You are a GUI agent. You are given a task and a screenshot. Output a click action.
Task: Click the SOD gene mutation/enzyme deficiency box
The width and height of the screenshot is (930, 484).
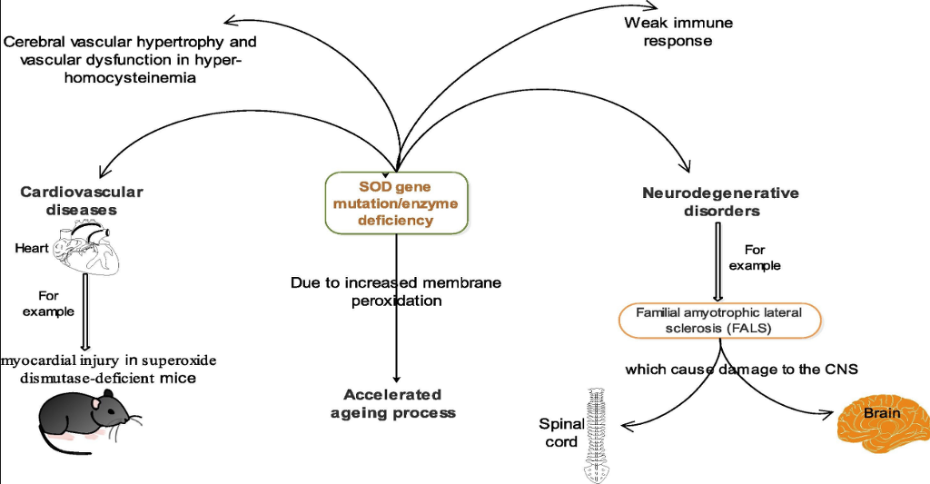tap(396, 203)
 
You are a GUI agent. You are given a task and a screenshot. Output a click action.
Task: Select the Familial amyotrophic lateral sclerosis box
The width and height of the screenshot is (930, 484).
tap(720, 320)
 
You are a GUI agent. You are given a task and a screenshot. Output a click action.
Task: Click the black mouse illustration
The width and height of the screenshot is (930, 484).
tap(85, 416)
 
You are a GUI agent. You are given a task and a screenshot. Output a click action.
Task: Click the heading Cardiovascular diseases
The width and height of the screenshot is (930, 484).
tap(81, 201)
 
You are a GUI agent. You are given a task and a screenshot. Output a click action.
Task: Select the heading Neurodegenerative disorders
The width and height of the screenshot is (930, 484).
tap(720, 202)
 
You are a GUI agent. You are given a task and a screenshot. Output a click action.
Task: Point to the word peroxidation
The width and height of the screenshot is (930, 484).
tap(396, 301)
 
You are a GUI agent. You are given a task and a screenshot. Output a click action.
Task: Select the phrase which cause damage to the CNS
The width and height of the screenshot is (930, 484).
tap(741, 370)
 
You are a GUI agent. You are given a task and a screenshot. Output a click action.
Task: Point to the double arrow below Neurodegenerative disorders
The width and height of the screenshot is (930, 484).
tap(719, 260)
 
